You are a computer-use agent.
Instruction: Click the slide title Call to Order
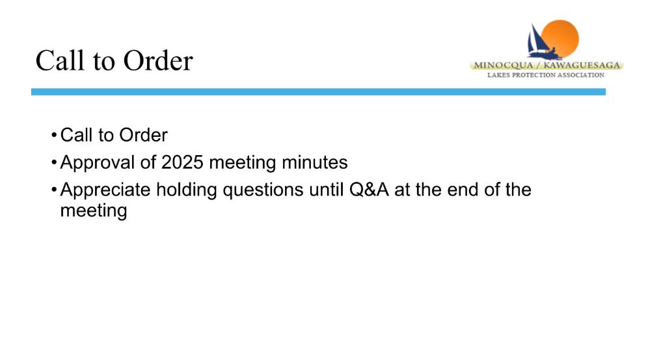coord(114,61)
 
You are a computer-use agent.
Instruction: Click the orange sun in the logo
coord(560,38)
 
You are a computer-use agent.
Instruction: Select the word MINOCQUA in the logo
coord(504,65)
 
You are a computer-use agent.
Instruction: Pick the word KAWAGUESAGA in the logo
coord(582,65)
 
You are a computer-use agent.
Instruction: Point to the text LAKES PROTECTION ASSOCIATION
coord(545,75)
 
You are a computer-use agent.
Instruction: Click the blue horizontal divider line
coord(318,92)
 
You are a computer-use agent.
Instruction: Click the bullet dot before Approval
coord(54,162)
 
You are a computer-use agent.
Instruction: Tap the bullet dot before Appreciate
coord(54,190)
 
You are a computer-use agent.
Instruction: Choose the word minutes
coord(314,162)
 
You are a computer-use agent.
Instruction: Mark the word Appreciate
coord(105,190)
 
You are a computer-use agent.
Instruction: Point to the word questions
coord(263,191)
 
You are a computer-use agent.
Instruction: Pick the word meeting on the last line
coord(94,211)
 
